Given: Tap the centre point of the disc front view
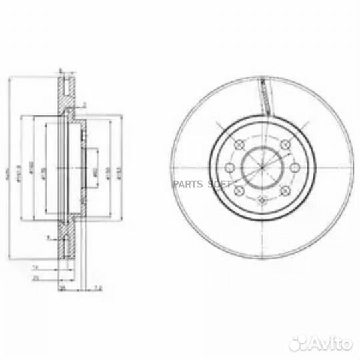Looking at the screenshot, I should pyautogui.click(x=262, y=167).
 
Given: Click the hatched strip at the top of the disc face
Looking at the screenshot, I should pyautogui.click(x=265, y=93).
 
